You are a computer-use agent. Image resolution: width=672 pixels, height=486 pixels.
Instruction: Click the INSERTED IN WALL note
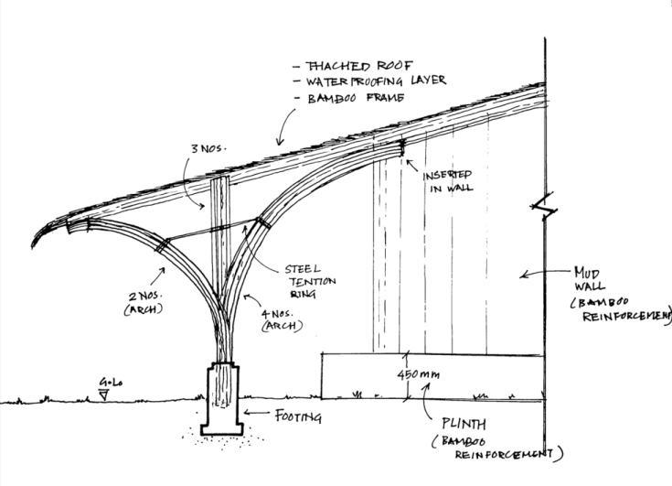click(x=447, y=182)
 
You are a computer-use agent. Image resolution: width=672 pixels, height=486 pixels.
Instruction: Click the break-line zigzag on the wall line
click(x=544, y=207)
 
